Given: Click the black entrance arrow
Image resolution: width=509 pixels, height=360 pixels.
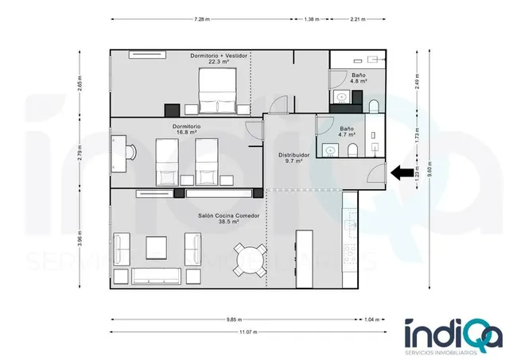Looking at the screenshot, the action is [402, 172].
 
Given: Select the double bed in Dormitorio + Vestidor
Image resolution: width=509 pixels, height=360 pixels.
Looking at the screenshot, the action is [217, 91].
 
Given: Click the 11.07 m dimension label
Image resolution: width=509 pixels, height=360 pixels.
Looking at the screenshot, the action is [248, 331].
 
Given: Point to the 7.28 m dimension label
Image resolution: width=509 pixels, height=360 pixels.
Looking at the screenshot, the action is [202, 19].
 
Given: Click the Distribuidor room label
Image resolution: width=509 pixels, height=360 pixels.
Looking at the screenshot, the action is [293, 155].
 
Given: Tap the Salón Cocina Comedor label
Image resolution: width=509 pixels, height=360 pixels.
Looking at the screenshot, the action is [229, 215].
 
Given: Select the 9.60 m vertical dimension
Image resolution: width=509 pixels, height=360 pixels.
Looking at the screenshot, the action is [429, 169].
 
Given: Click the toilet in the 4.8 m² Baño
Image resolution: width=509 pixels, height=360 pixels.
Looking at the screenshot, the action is [374, 106].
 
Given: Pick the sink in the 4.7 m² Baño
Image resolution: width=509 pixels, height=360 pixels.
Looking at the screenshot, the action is [331, 150].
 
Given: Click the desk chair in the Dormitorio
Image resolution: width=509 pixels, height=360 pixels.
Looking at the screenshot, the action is [132, 152].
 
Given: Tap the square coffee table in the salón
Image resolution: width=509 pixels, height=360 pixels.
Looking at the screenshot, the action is [156, 248].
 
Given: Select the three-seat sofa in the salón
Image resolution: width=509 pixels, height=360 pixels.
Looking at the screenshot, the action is [156, 276].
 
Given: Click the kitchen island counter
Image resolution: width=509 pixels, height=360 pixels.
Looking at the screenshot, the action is [305, 259].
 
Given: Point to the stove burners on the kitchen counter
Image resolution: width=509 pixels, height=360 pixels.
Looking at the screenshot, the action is [350, 253].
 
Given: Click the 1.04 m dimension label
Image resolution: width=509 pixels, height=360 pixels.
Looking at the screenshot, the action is [371, 319].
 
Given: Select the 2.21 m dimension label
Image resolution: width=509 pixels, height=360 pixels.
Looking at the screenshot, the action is [357, 19].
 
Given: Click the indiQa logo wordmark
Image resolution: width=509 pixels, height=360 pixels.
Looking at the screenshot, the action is [453, 333].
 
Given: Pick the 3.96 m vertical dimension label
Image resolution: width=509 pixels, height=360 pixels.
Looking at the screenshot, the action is [80, 238].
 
